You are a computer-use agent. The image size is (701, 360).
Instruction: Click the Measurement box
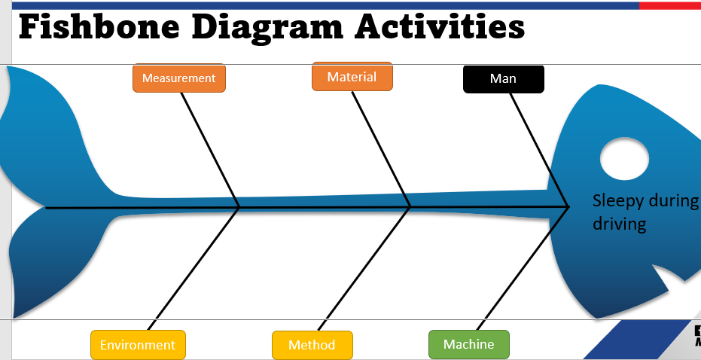[178, 78]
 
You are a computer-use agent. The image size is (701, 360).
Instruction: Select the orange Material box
[352, 77]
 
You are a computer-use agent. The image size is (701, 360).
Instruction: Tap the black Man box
[503, 79]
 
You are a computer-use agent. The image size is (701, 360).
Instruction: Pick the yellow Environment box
[138, 345]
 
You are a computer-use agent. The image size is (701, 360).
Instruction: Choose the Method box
[312, 345]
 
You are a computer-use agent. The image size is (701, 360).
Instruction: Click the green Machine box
[468, 344]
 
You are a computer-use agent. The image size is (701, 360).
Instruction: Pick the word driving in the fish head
[619, 224]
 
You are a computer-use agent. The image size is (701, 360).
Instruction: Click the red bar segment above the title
[670, 5]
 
